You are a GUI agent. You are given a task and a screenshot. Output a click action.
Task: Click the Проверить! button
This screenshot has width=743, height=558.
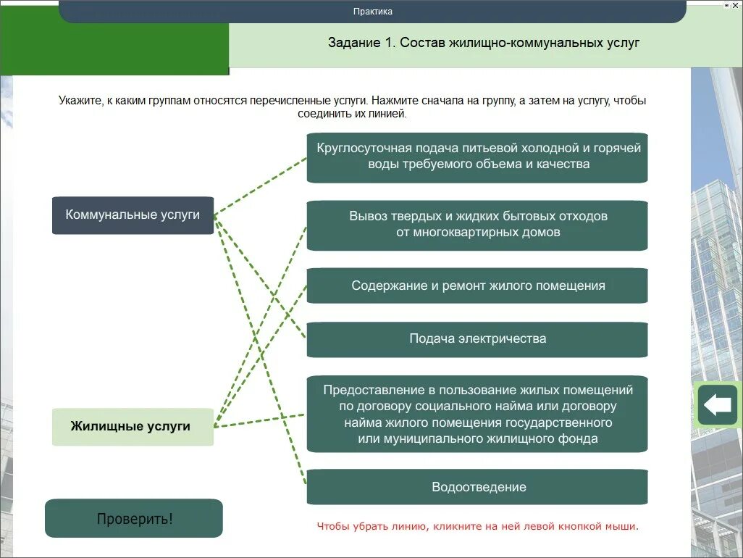click(x=134, y=519)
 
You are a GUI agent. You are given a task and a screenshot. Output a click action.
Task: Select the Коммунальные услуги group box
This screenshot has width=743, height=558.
click(x=133, y=215)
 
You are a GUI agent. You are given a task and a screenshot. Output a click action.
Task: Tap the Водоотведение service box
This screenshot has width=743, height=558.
click(x=477, y=487)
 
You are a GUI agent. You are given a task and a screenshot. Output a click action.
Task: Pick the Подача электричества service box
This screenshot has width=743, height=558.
click(x=477, y=338)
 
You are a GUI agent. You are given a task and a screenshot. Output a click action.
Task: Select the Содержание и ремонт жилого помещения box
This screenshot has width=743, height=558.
click(x=477, y=286)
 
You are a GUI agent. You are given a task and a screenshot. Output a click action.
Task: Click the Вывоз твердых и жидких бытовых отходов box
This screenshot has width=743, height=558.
click(x=477, y=225)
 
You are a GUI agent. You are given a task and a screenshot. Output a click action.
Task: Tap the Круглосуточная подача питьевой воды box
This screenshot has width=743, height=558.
click(x=477, y=157)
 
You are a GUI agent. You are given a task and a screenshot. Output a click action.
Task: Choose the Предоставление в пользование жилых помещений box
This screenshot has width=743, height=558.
click(x=477, y=413)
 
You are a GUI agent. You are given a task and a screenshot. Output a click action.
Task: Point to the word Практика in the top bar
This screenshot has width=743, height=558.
click(x=373, y=12)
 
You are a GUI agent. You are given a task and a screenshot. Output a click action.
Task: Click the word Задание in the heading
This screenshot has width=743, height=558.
click(x=354, y=43)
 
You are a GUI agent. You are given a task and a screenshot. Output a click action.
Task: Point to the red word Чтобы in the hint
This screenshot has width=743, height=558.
click(x=332, y=527)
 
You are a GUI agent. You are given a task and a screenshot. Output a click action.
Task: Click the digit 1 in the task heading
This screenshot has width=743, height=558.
click(x=388, y=43)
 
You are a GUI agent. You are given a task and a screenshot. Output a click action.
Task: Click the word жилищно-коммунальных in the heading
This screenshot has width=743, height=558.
click(x=525, y=43)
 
